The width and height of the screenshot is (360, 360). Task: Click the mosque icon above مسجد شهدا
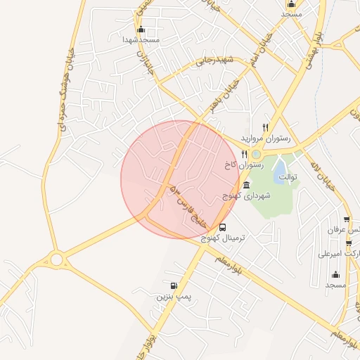point(141,29)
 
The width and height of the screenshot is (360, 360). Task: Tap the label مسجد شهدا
point(141,40)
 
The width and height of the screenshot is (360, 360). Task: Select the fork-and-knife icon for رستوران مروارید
point(265,127)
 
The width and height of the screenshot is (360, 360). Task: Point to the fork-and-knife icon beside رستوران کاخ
point(244,153)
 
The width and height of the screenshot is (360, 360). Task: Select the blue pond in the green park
point(280,169)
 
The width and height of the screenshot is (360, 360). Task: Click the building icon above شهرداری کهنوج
point(246,184)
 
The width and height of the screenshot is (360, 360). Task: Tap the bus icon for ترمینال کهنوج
point(223,227)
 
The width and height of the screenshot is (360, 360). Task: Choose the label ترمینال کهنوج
point(222,239)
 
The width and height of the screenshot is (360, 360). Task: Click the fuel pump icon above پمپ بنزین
point(174,285)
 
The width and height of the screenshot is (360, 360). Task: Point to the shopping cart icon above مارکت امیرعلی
point(347,243)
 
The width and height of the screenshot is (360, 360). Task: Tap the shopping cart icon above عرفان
point(347,219)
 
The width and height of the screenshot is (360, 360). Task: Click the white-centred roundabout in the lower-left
point(56,259)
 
